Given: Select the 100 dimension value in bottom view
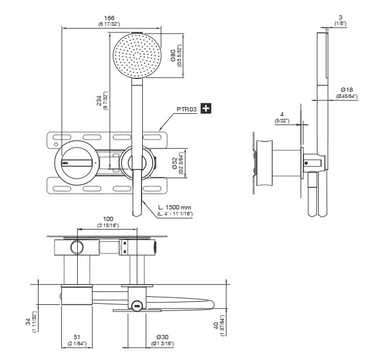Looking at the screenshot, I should [108, 218].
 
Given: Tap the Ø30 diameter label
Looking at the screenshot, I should [162, 336].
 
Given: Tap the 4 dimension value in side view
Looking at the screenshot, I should [280, 114].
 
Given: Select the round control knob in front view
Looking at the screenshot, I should [77, 162].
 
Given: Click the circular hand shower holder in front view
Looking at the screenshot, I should [135, 162].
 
